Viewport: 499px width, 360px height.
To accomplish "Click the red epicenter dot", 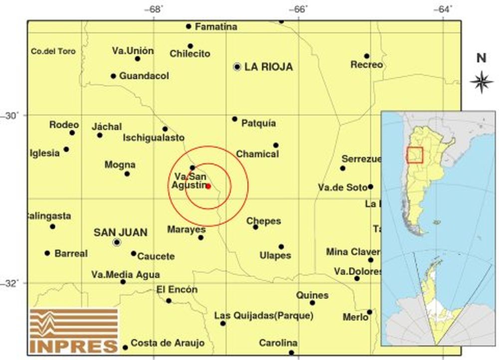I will (x=209, y=186).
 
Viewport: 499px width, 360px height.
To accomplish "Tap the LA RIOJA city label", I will (x=268, y=67).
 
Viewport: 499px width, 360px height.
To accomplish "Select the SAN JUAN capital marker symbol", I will (x=117, y=242).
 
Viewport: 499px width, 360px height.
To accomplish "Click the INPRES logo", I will (x=74, y=330).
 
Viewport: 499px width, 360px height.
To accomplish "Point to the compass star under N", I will (x=482, y=82).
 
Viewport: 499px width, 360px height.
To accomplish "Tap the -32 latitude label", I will (x=11, y=283).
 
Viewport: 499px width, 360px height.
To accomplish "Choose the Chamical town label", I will (x=257, y=154).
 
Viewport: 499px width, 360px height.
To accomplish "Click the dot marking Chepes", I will (x=255, y=227).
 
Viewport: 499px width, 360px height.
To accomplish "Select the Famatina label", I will (x=216, y=26).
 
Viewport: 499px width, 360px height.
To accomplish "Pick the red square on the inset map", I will (x=415, y=155).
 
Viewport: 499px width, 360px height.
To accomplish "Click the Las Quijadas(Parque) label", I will (x=263, y=316).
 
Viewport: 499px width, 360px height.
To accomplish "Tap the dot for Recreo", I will (x=367, y=56).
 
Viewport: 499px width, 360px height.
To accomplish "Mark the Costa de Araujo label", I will (x=161, y=343).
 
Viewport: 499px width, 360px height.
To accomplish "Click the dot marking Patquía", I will (x=235, y=119).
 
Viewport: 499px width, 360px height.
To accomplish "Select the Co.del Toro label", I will (x=53, y=51).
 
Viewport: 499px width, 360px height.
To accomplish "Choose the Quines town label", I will (x=312, y=295).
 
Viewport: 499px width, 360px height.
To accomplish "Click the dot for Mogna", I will (x=127, y=174).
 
